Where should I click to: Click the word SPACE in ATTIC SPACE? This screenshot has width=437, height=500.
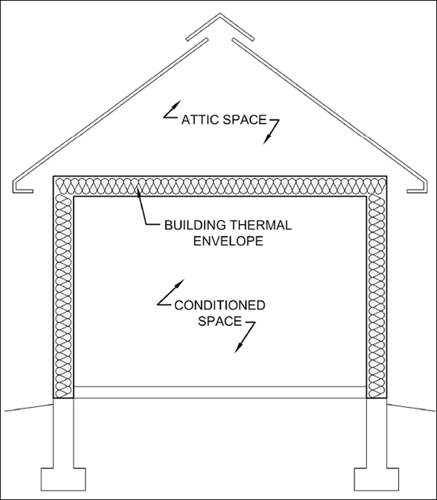[x=245, y=120]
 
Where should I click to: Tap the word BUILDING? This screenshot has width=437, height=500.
[x=195, y=226]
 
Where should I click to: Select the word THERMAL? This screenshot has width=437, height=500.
[x=261, y=226]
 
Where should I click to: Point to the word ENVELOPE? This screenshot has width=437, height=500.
[x=228, y=241]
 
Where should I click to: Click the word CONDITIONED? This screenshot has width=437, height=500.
[x=219, y=305]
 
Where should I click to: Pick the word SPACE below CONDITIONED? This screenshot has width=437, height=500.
[x=219, y=321]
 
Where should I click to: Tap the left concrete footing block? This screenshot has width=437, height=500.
[x=64, y=479]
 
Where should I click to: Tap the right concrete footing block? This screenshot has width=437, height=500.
[x=377, y=479]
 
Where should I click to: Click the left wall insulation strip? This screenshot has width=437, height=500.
[x=64, y=297]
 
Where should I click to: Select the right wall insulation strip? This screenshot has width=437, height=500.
[x=377, y=297]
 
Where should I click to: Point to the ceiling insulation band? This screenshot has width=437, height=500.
[x=220, y=186]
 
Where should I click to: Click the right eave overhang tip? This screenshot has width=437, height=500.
[x=426, y=188]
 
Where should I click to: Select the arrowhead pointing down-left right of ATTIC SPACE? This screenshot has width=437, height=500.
[x=266, y=140]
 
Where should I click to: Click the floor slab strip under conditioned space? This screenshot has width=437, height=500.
[x=220, y=392]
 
